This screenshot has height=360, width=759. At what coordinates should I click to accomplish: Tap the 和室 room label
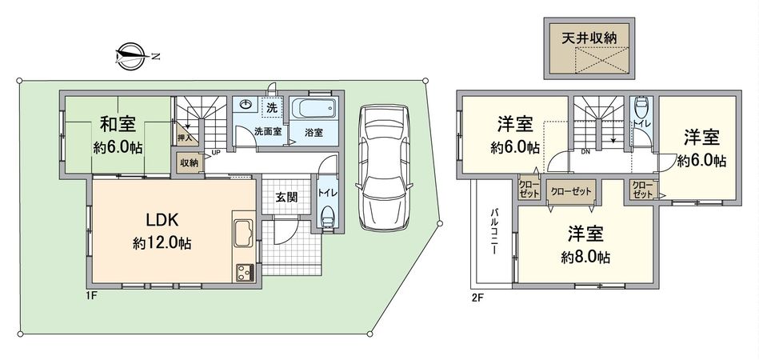[x=118, y=124]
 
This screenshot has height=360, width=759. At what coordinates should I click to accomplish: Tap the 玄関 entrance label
[x=287, y=198]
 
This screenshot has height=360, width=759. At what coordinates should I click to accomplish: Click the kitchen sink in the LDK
[x=244, y=234]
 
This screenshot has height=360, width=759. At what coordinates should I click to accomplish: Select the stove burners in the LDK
[x=243, y=272]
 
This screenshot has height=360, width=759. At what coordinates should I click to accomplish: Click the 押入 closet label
[x=184, y=138]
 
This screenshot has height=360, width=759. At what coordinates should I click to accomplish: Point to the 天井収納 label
[x=588, y=37]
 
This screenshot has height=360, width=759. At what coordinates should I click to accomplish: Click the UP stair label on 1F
[x=216, y=152]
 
